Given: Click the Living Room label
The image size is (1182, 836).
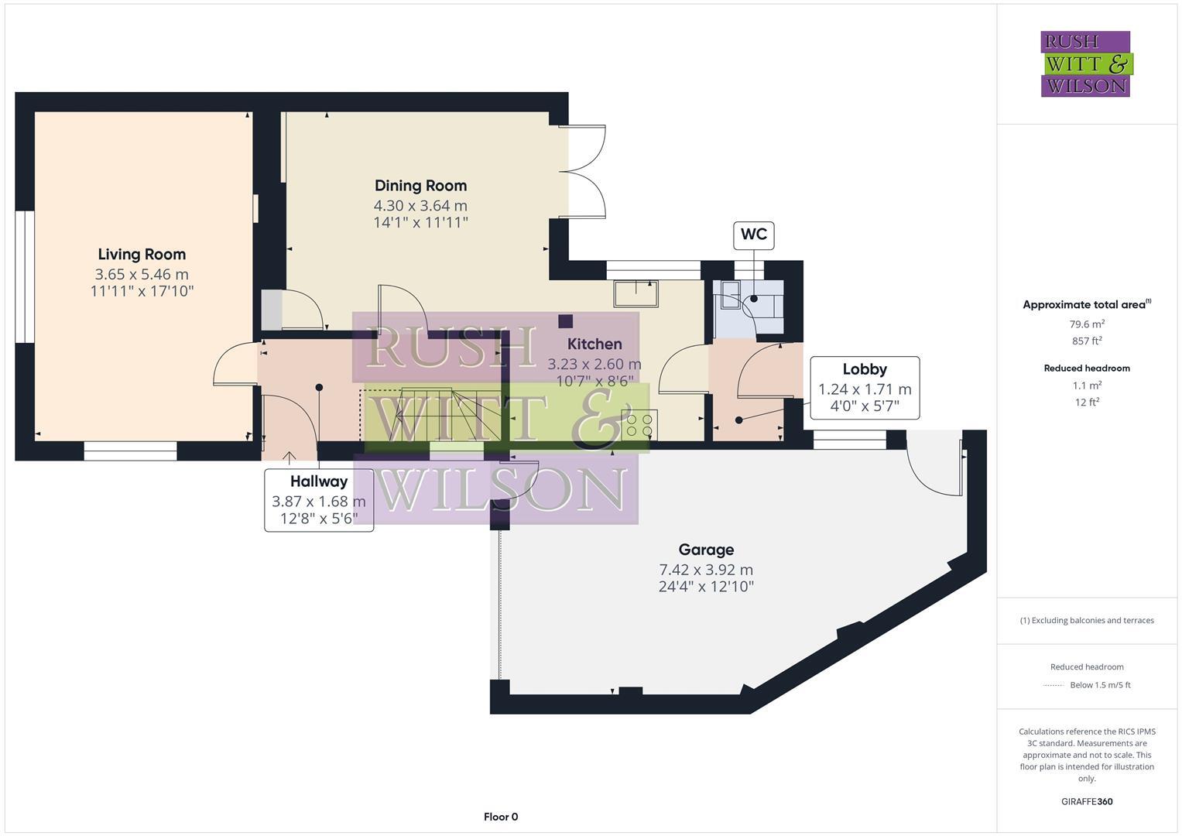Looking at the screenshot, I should pos(142,254).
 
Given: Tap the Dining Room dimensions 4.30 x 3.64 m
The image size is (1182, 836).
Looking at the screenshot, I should pos(420,206).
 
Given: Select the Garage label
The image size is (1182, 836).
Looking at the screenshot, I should pos(706,550).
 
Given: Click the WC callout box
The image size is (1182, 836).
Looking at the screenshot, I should pos(753,235).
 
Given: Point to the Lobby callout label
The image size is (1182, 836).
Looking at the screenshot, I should pos(865,369).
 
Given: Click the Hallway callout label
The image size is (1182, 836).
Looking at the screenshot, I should pos(318,481).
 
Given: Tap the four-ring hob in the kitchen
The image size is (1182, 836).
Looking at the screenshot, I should pos(639,424).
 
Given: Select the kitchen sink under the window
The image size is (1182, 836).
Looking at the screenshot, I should pos(636,293).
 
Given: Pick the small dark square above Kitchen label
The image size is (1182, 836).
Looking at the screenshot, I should pos(566,320).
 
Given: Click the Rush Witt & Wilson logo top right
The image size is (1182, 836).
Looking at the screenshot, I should pos(1086,64).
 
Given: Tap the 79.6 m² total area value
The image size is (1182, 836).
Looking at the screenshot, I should pos(1087,324).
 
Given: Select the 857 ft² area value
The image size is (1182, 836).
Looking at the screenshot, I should pos(1087,341).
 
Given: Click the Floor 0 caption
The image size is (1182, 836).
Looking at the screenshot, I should pos(501,817).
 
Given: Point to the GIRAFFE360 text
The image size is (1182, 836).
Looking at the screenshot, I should pos(1087,801).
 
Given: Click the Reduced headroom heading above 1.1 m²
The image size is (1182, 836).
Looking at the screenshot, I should pos(1087,368).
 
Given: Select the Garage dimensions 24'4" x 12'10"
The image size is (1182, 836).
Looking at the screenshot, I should pos(706,587).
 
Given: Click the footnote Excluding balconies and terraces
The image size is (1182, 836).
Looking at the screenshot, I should pos(1087,620).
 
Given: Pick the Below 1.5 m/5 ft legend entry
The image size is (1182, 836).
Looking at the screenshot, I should pos(1099,685).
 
